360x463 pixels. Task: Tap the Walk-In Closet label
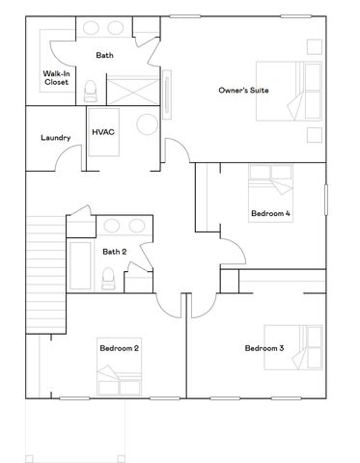click(x=56, y=78)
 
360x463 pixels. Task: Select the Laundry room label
click(x=56, y=138)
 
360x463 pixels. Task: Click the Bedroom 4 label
click(x=270, y=214)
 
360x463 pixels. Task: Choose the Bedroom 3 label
click(x=263, y=347)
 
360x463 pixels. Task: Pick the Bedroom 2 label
click(x=119, y=347)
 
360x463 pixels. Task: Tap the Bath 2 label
click(x=115, y=252)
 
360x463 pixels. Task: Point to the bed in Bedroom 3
click(x=302, y=349)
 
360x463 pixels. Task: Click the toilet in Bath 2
click(x=108, y=279)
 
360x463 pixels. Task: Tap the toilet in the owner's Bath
click(x=90, y=92)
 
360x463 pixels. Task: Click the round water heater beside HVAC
click(x=147, y=126)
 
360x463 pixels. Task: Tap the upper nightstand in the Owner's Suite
click(x=315, y=45)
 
